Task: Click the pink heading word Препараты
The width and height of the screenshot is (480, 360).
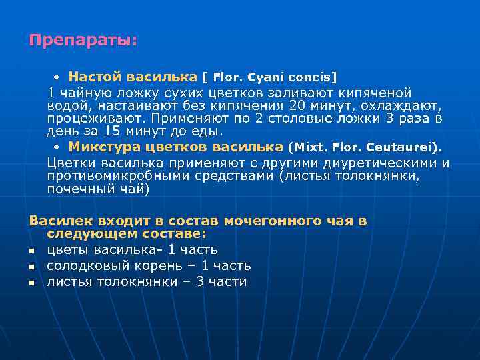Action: click(x=81, y=40)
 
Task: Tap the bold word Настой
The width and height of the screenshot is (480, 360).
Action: click(x=91, y=77)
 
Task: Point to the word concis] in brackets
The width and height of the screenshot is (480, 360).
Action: click(x=313, y=77)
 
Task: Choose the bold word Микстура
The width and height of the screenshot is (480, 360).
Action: click(x=101, y=147)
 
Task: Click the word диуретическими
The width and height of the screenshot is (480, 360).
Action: click(x=382, y=163)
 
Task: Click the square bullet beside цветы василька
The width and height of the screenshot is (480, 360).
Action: click(x=31, y=251)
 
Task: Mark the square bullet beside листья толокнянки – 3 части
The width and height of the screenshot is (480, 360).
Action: click(x=31, y=283)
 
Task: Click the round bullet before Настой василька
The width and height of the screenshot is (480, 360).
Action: click(x=58, y=77)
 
